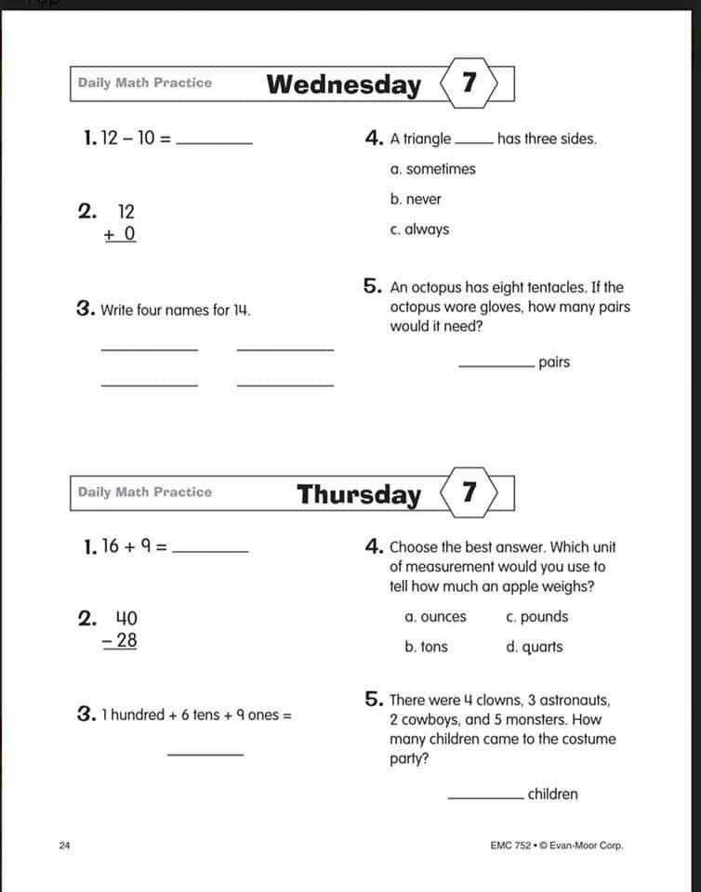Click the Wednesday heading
click(x=343, y=85)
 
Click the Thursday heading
click(x=358, y=494)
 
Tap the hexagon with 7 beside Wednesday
click(x=470, y=84)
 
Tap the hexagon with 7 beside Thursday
click(x=470, y=492)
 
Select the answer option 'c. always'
click(x=420, y=230)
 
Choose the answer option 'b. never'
click(x=417, y=199)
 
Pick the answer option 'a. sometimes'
click(x=433, y=169)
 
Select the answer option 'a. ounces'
click(x=436, y=617)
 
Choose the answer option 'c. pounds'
click(x=537, y=617)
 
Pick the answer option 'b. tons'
click(x=426, y=647)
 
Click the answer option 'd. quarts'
click(x=535, y=647)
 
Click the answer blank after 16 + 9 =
click(x=211, y=551)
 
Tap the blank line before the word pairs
click(x=496, y=365)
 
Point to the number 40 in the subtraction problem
click(x=126, y=618)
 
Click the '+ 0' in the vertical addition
click(x=120, y=233)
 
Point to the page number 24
click(x=64, y=846)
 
